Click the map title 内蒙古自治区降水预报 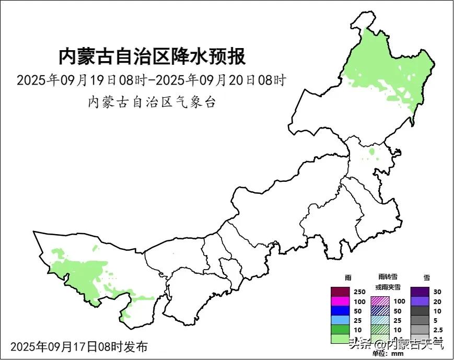click(x=152, y=56)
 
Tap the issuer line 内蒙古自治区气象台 click(x=152, y=102)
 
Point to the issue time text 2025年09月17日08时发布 click(x=79, y=346)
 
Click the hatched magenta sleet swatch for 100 click(x=380, y=301)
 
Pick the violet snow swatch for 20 click(x=420, y=301)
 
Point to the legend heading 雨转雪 click(x=387, y=277)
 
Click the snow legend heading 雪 click(x=427, y=277)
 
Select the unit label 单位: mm click(x=388, y=354)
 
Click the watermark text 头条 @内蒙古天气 click(x=397, y=344)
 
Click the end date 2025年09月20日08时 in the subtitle click(x=221, y=81)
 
